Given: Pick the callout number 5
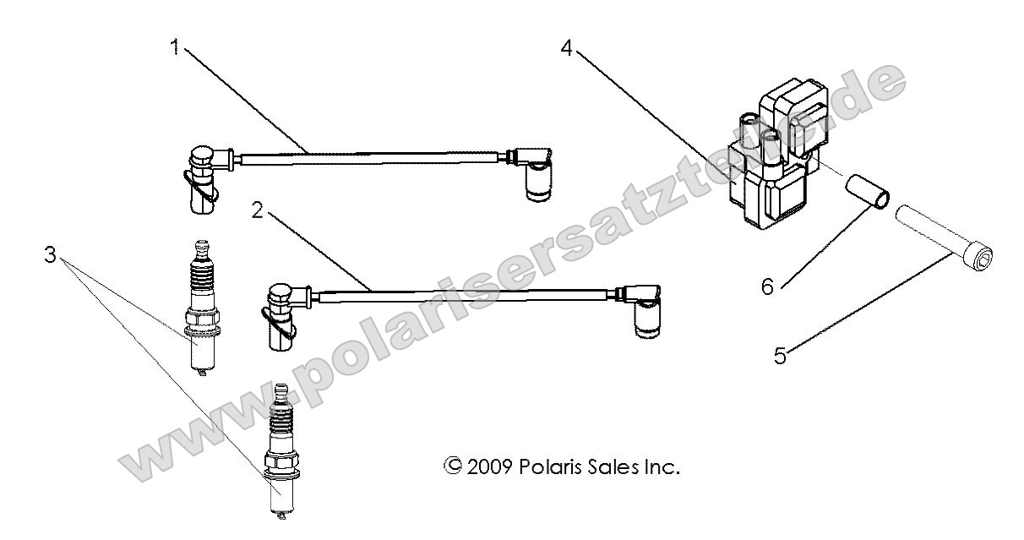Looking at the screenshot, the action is point(781,356).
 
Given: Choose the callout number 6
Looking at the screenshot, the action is point(766,286).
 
